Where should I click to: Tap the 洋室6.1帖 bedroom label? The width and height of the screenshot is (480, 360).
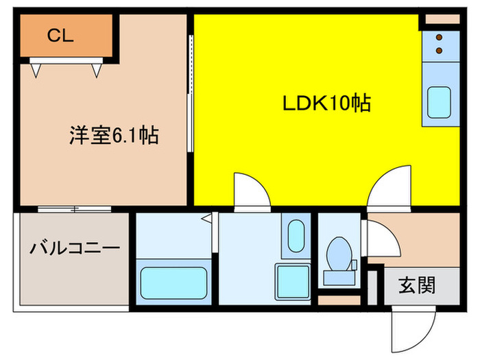point(114,135)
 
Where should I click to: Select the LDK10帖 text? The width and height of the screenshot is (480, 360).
point(327,104)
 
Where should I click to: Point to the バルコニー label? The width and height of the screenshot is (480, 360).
point(75,248)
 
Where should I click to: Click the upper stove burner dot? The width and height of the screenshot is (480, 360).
point(440,37)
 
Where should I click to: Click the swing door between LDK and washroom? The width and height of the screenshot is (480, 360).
point(251,190)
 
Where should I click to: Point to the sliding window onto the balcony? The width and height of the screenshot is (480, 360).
point(74,208)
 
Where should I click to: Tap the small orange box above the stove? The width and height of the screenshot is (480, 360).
point(440,19)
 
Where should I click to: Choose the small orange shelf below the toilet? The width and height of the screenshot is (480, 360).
point(339,300)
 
